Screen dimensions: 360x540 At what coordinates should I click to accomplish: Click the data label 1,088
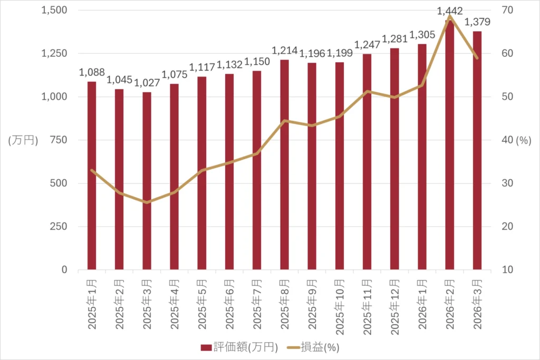92,73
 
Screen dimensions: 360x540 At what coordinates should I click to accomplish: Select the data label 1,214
284,51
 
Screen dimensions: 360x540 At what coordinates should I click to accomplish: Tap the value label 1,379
477,22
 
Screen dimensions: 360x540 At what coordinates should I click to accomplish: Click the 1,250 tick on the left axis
55,54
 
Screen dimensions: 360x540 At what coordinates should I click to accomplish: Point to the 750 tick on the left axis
59,140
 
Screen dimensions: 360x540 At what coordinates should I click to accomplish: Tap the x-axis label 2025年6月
229,304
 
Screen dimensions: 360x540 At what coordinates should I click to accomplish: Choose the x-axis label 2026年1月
422,304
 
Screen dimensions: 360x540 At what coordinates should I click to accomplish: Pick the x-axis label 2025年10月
340,306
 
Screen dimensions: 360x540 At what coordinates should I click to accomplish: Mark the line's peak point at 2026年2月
449,16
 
